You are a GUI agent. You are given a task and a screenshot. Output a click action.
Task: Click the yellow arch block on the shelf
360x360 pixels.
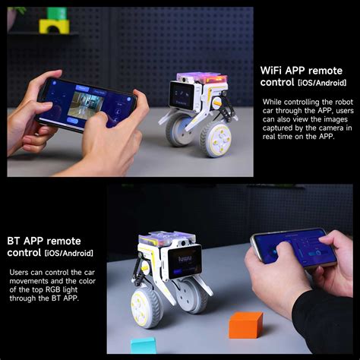point(54,27)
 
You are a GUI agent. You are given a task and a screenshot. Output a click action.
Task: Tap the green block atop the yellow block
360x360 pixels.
point(56,13)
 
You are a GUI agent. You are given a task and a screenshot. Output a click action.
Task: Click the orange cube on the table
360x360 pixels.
point(245,324)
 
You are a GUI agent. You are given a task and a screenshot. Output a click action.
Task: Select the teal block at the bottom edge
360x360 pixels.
point(144,346)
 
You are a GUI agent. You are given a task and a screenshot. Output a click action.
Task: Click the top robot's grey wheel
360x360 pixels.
point(178,131)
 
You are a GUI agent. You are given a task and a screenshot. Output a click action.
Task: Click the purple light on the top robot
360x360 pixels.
point(198,78)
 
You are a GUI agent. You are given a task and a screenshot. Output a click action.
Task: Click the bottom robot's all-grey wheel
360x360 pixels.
point(193,296)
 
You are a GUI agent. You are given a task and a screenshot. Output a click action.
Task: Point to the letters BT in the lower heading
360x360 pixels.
point(17,240)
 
